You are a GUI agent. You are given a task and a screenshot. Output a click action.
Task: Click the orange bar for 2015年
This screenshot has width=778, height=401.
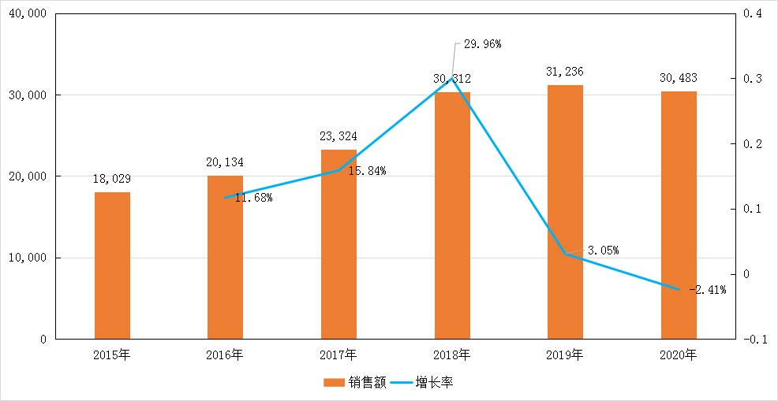(112, 265)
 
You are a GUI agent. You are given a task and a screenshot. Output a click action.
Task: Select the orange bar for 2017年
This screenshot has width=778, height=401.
(339, 244)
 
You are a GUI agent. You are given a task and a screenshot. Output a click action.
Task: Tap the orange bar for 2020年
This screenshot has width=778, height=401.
(679, 215)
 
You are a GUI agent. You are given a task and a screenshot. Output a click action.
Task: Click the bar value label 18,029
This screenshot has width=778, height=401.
(112, 180)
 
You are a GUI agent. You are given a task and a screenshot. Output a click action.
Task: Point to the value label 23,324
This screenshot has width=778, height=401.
(339, 137)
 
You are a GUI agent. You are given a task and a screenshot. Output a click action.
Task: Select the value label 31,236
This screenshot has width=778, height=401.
(565, 72)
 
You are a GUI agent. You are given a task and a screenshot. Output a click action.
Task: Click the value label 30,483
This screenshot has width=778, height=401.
(679, 78)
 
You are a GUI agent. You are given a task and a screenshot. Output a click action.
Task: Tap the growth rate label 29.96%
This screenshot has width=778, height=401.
(482, 44)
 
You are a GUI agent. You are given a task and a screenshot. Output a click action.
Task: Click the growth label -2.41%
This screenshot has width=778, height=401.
(707, 290)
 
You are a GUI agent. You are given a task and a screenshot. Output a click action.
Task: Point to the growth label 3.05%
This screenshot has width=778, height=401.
(602, 251)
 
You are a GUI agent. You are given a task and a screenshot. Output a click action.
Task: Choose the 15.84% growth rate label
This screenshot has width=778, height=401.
(367, 171)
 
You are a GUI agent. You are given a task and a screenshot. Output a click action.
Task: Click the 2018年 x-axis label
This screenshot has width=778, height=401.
(452, 355)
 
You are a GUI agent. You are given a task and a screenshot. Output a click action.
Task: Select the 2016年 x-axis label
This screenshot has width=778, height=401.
(225, 355)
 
